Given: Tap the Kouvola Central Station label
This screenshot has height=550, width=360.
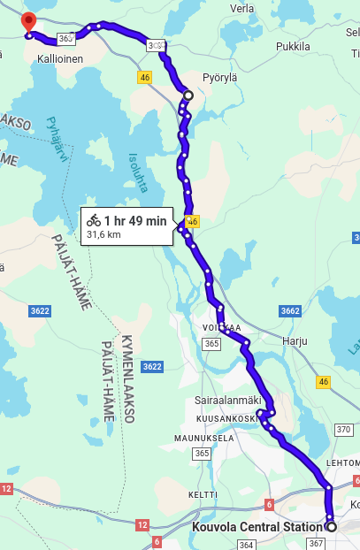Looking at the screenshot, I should pyautogui.click(x=257, y=527).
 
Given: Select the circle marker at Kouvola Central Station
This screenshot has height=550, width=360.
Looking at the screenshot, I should pyautogui.click(x=332, y=526).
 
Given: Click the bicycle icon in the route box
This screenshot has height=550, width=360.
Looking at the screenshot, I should pyautogui.click(x=94, y=220).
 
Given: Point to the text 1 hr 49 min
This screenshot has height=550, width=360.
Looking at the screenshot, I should pyautogui.click(x=135, y=220).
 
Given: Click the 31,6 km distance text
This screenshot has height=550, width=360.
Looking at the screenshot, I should pyautogui.click(x=103, y=235).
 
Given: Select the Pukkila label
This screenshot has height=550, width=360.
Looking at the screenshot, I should pyautogui.click(x=293, y=46).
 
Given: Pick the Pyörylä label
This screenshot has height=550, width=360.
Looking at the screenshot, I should pyautogui.click(x=220, y=77).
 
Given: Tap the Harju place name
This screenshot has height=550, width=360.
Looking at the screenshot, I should pyautogui.click(x=294, y=340).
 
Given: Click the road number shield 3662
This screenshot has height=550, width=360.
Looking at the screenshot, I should pyautogui.click(x=290, y=311).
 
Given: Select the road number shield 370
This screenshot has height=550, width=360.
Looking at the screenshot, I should pyautogui.click(x=344, y=429).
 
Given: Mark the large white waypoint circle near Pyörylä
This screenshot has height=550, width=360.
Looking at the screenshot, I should pyautogui.click(x=188, y=94).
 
